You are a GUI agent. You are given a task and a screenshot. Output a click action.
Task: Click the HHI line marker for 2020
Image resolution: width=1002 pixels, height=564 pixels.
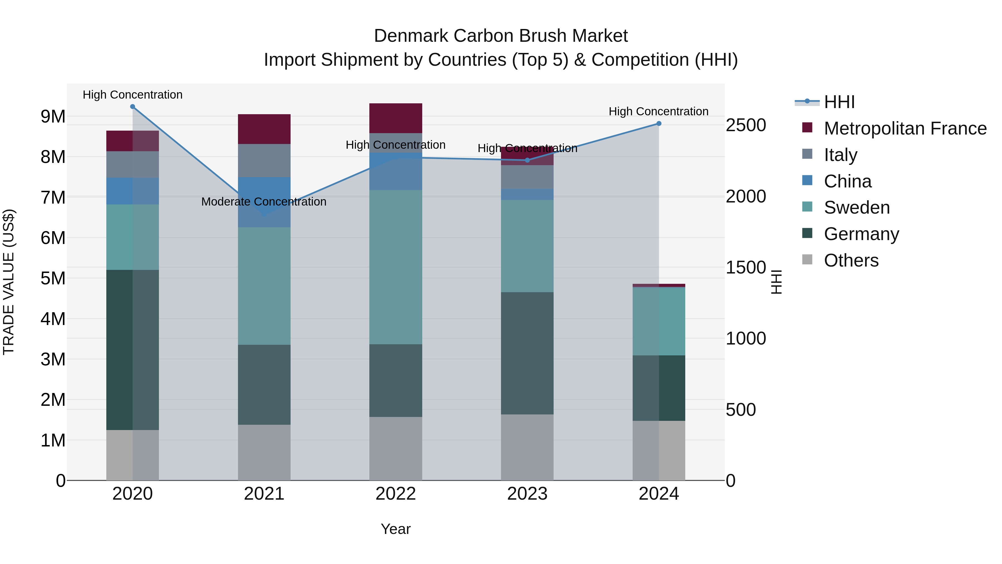pos(133,107)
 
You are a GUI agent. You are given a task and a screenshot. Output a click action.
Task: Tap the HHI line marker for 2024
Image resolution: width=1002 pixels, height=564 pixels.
pos(659,123)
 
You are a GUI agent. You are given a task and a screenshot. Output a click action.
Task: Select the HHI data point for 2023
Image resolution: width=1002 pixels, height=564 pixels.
pos(527,160)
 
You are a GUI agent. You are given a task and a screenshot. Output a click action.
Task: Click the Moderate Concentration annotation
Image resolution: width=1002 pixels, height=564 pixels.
pos(264,202)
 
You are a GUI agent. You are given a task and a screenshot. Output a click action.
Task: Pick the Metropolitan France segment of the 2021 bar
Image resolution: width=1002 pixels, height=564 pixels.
pos(264,129)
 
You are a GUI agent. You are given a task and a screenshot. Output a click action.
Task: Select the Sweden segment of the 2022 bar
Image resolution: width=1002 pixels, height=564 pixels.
pos(396,267)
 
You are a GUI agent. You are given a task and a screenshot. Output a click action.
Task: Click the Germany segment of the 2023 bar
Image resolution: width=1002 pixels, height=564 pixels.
pos(527,353)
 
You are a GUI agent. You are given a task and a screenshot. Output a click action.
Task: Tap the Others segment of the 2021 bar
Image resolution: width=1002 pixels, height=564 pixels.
pos(264,452)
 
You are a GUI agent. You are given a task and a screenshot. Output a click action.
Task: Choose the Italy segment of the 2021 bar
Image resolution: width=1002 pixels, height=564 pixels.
pos(264,161)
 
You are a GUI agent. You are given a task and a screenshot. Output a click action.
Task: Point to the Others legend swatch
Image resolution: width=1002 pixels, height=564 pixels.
pos(807,260)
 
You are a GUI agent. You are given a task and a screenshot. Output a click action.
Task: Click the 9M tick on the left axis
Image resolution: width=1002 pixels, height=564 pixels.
pos(53,116)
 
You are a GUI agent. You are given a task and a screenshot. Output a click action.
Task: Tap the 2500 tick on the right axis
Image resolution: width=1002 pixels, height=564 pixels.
pos(745,125)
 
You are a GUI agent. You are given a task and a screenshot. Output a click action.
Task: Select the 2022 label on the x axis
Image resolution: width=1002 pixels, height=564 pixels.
pos(396,494)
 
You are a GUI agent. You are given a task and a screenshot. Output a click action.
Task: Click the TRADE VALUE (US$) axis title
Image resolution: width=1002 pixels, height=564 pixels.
pos(9,282)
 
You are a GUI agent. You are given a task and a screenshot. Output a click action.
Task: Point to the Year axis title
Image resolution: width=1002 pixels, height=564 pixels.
pos(396,529)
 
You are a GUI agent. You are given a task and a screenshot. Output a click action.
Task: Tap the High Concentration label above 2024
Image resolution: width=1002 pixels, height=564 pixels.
pos(658,111)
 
